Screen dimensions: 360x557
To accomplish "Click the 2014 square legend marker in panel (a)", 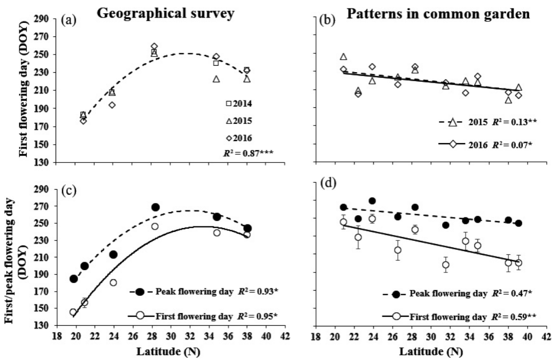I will tap(228, 103).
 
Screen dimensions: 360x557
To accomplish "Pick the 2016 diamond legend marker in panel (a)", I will tap(228, 138).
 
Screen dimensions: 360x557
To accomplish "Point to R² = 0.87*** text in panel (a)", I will tap(250, 153).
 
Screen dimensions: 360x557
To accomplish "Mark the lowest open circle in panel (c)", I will tap(73, 312).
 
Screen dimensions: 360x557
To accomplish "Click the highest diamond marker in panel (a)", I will tap(154, 46).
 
